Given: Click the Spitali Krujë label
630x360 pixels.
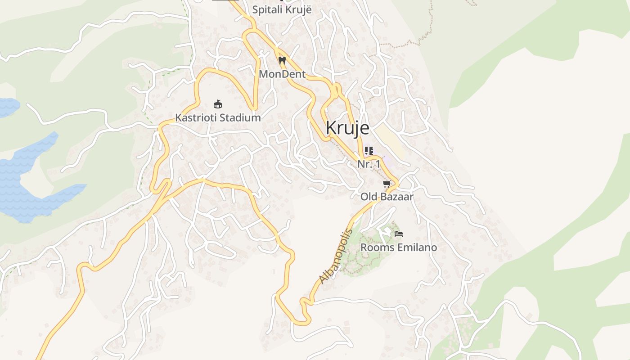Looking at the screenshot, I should point(282,9).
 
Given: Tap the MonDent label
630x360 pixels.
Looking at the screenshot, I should point(282,74).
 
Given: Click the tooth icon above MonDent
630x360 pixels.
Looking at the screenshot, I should point(282,60).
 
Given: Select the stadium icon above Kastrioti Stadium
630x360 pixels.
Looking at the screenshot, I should point(218,104).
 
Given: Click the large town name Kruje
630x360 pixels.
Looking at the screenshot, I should point(347,128).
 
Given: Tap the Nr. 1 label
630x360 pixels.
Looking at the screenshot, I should point(369,164).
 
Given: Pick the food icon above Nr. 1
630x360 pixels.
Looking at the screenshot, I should point(369,150).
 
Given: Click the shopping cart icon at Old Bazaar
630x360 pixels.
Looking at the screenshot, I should point(387,184).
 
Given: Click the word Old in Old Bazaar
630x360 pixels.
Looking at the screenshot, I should point(369,197).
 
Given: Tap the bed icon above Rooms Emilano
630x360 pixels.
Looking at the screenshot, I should point(398,234).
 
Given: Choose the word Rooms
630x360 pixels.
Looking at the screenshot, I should point(374,247).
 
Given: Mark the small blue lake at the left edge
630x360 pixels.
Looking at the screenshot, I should point(7,107).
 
